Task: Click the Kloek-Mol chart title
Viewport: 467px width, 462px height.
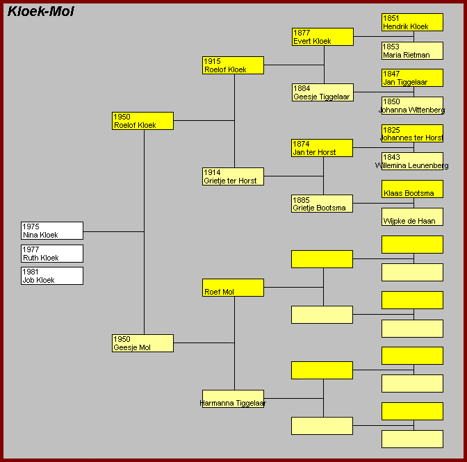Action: click(x=41, y=12)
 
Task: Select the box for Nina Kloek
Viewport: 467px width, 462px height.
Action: click(x=52, y=231)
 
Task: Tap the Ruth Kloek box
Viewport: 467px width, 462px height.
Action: click(x=52, y=254)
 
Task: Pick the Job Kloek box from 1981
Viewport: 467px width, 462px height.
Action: click(x=52, y=276)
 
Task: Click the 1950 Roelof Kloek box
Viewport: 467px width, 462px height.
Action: click(x=142, y=121)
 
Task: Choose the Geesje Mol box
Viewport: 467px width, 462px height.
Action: click(x=142, y=343)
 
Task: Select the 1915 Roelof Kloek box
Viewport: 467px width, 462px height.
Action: click(x=233, y=65)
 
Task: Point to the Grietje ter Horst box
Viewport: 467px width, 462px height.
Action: click(x=233, y=176)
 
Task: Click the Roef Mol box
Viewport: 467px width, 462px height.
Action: click(x=233, y=288)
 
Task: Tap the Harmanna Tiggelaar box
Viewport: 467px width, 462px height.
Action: click(x=233, y=399)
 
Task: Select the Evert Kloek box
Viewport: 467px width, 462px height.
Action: click(x=323, y=37)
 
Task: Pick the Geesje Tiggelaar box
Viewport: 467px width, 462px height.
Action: click(x=323, y=92)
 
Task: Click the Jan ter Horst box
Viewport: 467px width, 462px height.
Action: click(x=322, y=148)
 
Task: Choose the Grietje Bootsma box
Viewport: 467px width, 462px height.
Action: click(x=322, y=204)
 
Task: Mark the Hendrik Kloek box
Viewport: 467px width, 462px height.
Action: click(x=413, y=22)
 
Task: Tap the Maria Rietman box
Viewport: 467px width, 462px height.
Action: click(x=413, y=51)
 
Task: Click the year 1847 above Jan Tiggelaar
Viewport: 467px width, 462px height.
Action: click(x=391, y=74)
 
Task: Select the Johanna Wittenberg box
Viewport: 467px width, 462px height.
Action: click(x=413, y=106)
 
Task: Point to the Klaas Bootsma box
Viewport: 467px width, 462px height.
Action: click(x=413, y=189)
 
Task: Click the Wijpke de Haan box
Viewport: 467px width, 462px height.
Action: click(x=413, y=217)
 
